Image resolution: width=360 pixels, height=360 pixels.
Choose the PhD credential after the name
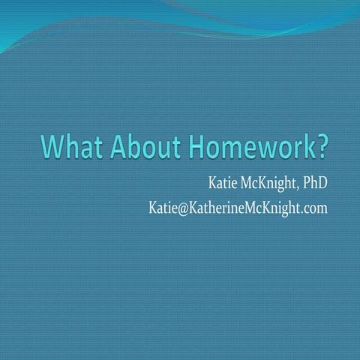tap(313, 184)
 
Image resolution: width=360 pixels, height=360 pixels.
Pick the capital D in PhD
tap(322, 184)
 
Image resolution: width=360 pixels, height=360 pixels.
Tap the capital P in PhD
tap(304, 184)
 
